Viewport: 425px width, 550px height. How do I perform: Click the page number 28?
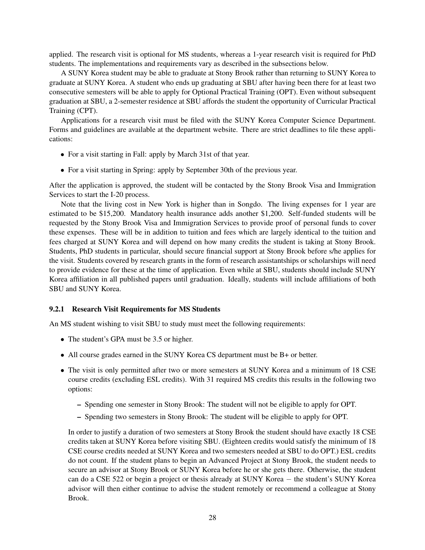[212, 517]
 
